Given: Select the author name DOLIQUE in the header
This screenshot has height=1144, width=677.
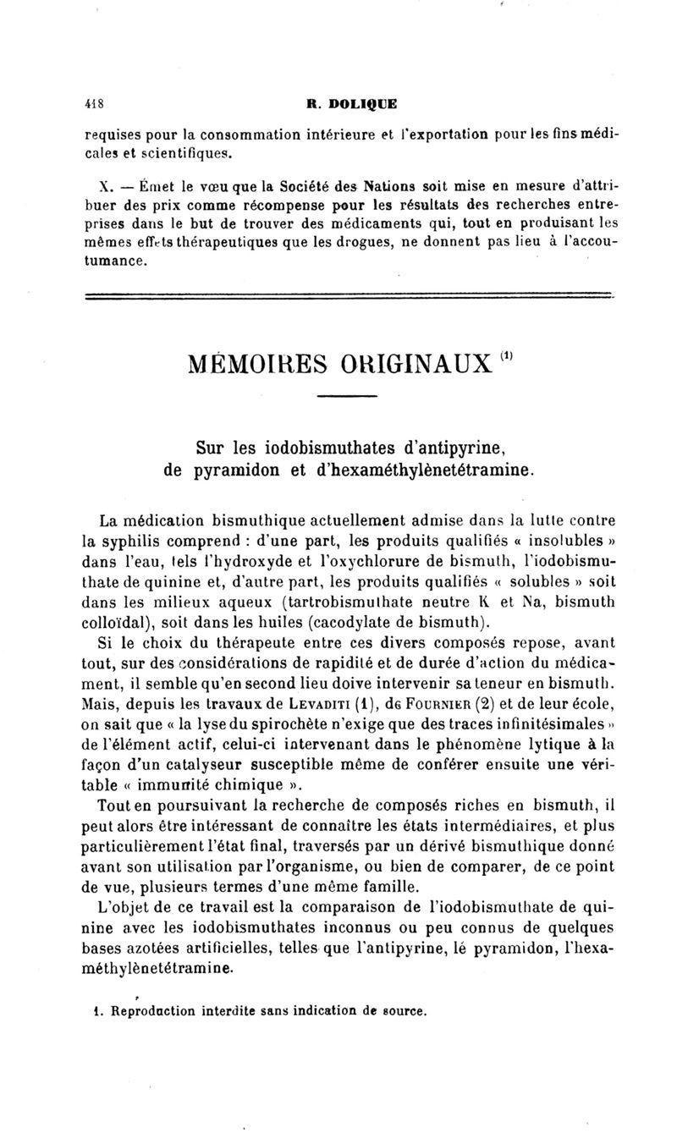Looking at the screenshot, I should tap(362, 105).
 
